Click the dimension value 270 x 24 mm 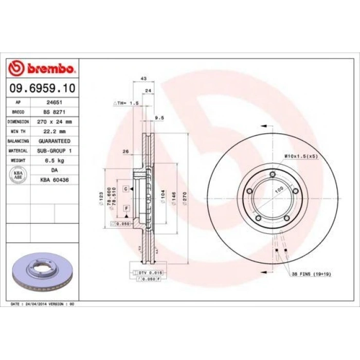tap(54, 122)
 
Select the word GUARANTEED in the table tap(54, 141)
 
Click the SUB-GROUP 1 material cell tap(54, 151)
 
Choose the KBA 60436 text tap(54, 180)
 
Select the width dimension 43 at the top tap(143, 79)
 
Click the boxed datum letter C tap(125, 189)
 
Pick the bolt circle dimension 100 tap(279, 191)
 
